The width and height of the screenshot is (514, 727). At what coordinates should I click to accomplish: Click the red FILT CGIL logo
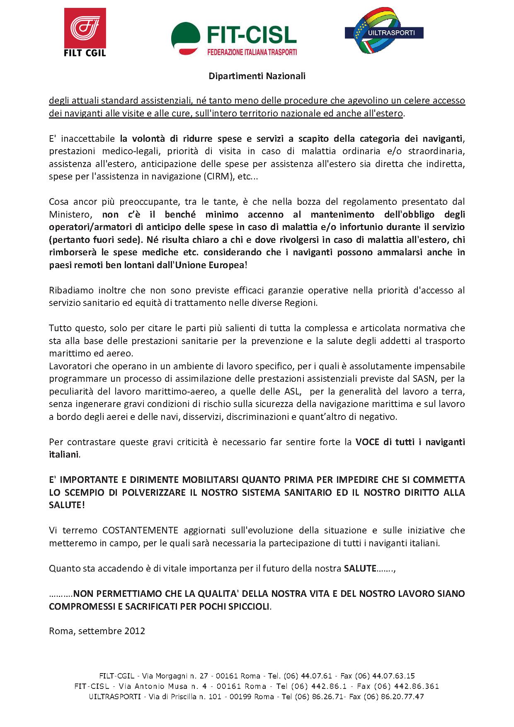(85, 32)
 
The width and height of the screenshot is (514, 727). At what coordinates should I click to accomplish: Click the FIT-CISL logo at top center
(234, 39)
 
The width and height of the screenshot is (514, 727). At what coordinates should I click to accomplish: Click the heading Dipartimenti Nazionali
(257, 76)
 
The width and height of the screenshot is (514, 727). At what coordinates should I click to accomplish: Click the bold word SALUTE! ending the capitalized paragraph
(67, 505)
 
